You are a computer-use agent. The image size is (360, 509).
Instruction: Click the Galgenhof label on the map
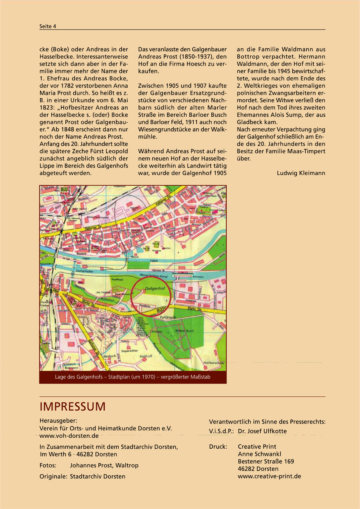(x=155, y=288)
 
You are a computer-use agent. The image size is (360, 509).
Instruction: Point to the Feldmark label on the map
(x=168, y=317)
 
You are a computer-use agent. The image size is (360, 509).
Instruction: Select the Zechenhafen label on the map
(x=84, y=271)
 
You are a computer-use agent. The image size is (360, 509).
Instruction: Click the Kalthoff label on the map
(x=146, y=356)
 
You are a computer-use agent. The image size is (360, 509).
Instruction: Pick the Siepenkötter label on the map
(x=129, y=351)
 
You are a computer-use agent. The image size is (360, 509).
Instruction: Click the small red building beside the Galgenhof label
(x=143, y=290)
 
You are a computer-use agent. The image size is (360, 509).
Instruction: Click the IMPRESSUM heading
(x=73, y=407)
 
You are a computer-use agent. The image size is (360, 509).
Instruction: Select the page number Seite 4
(x=48, y=26)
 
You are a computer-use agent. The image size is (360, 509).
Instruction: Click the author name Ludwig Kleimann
(x=301, y=173)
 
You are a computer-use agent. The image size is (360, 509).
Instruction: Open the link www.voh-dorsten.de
(x=69, y=436)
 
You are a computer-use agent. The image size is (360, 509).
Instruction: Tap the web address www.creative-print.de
(x=269, y=476)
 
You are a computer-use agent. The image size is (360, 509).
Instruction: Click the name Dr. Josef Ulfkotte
(x=262, y=431)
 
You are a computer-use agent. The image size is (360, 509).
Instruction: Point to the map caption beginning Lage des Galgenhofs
(x=133, y=377)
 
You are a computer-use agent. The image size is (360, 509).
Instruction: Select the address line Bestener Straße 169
(x=266, y=461)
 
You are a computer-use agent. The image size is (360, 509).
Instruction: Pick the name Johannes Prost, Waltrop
(x=104, y=465)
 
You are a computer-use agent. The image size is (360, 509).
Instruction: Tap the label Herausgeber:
(x=58, y=421)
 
